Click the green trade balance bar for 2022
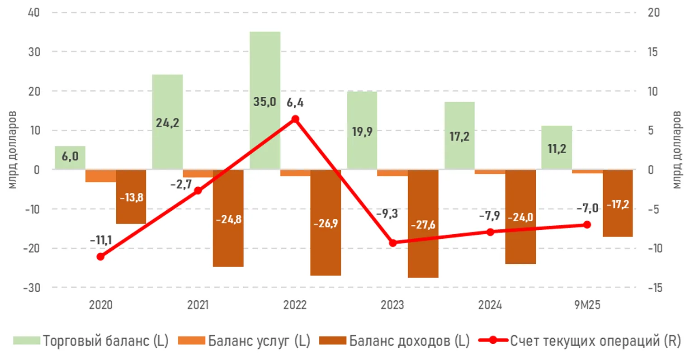click(x=265, y=68)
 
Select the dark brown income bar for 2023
click(x=423, y=253)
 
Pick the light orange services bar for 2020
click(x=100, y=176)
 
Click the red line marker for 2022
click(x=295, y=119)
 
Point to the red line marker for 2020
click(x=100, y=256)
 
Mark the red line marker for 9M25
click(x=587, y=224)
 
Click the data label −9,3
click(x=387, y=213)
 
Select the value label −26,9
click(x=326, y=224)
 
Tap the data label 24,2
click(x=167, y=123)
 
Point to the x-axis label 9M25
click(x=587, y=305)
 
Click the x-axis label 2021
click(x=198, y=305)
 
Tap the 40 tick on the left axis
click(x=34, y=12)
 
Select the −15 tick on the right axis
click(x=654, y=287)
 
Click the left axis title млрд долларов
click(x=12, y=149)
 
